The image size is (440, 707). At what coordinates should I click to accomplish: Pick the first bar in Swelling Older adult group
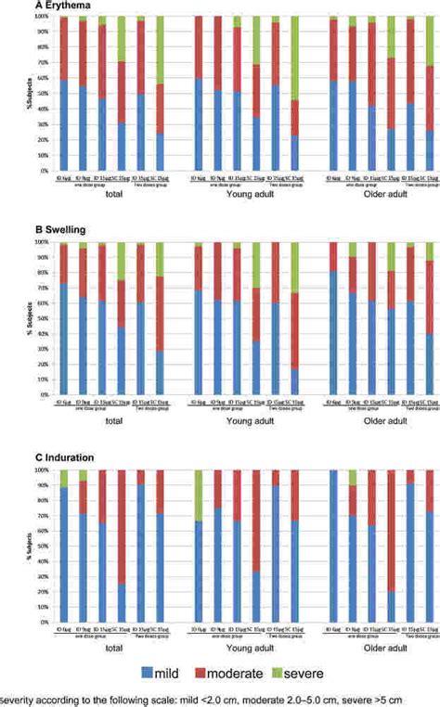333,318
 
